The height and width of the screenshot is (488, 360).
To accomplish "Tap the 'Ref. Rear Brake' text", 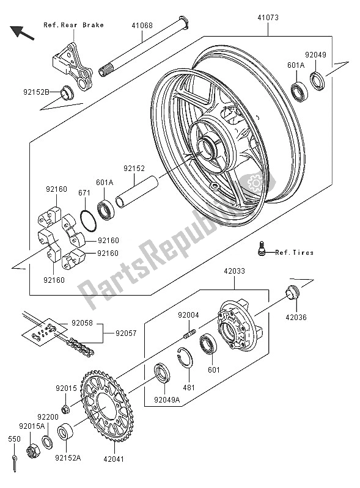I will (x=73, y=25).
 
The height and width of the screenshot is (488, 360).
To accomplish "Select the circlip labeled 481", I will (x=190, y=360).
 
